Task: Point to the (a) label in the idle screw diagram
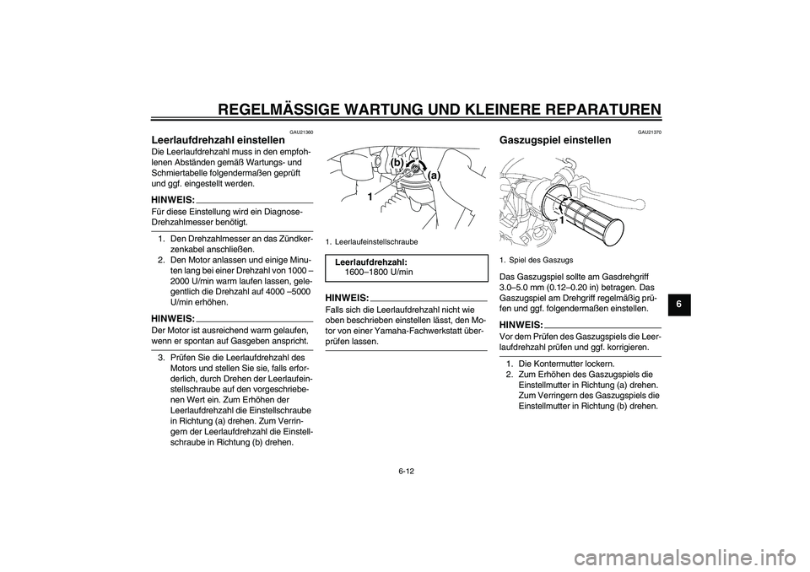(435, 175)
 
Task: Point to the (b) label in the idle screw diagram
(397, 161)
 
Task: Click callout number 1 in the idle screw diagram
(369, 196)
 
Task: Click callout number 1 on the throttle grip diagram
(559, 219)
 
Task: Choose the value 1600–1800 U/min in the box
(379, 273)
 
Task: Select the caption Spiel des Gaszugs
(540, 260)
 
